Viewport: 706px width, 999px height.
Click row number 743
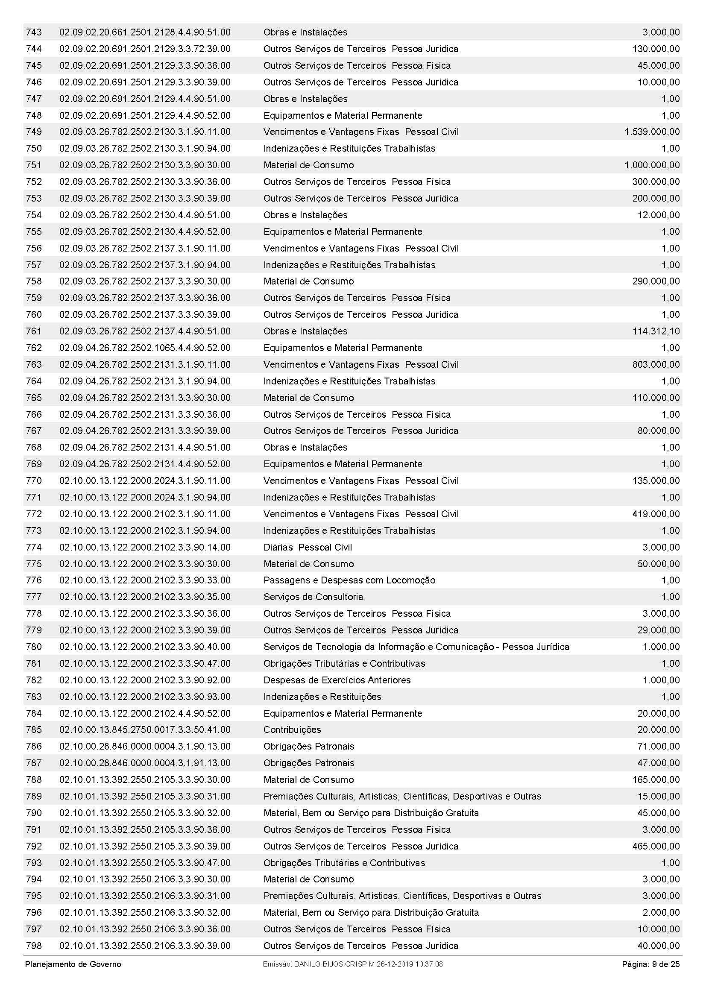(x=34, y=32)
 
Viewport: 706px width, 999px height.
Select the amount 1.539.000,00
(x=652, y=132)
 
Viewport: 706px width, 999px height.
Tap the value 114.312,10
(x=656, y=331)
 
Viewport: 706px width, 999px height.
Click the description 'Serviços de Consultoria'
(x=313, y=597)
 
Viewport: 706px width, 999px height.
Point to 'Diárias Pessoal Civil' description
(x=308, y=547)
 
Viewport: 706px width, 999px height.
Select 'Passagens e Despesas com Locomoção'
(x=349, y=580)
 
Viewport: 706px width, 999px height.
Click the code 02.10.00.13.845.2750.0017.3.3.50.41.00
(x=145, y=729)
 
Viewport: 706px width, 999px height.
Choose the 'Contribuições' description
(x=292, y=729)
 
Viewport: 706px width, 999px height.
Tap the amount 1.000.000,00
(x=652, y=165)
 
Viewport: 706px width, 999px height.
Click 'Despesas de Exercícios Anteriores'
(x=337, y=680)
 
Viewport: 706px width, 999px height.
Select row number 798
(x=34, y=946)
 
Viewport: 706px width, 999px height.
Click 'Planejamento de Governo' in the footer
(x=73, y=964)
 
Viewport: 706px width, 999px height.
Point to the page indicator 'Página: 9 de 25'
(x=650, y=964)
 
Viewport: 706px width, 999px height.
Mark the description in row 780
(x=416, y=647)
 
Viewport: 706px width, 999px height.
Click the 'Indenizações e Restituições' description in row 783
(x=322, y=697)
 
